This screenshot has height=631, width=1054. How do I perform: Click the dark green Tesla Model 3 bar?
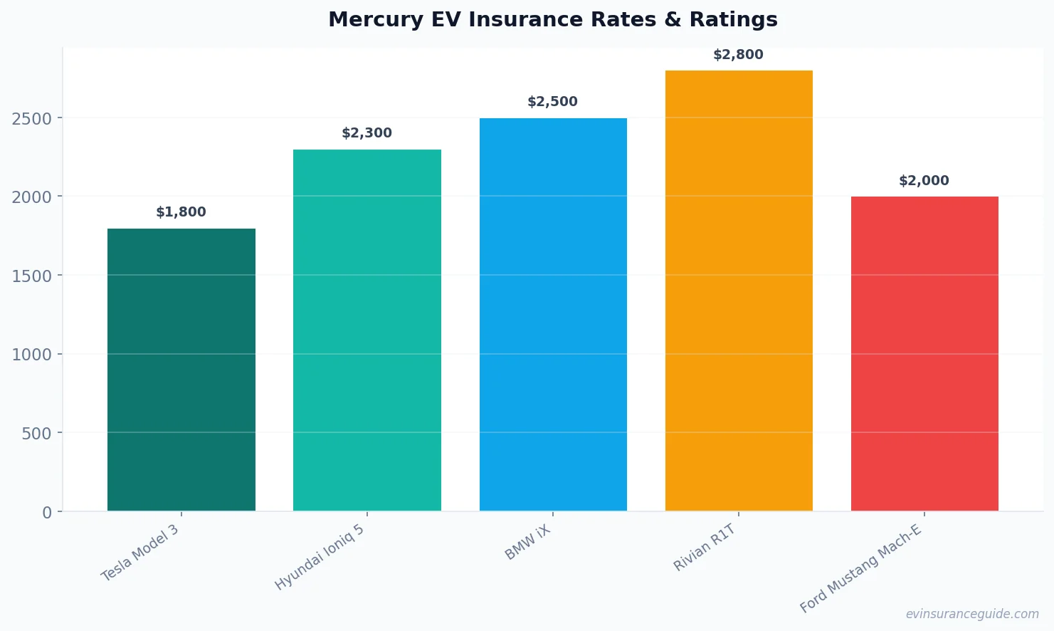coord(181,370)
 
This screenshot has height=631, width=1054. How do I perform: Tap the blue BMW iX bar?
coord(553,314)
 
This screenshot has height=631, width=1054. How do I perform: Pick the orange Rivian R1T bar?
coord(739,291)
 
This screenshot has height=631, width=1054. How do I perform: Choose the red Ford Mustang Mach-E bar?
coord(924,353)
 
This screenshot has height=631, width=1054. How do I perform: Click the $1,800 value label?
coord(181,212)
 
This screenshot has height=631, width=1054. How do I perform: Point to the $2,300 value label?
coord(367,133)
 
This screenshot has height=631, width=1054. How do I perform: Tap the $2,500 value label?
coord(552,102)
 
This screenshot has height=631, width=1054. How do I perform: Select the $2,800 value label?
coord(738,55)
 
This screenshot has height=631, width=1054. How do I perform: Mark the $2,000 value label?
coord(924,181)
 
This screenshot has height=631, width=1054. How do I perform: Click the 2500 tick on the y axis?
coord(32,118)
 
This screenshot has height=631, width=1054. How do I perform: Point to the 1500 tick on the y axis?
coord(32,276)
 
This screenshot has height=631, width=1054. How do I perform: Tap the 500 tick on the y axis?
coord(36,434)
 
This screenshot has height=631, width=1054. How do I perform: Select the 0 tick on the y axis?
coord(47,513)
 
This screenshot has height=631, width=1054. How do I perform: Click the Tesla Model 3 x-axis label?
coord(140,553)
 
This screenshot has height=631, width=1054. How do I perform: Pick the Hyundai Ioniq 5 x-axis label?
coord(320,558)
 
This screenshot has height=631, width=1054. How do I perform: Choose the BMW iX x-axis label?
coord(528,543)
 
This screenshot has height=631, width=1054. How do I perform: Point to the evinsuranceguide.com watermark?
coord(972,614)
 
